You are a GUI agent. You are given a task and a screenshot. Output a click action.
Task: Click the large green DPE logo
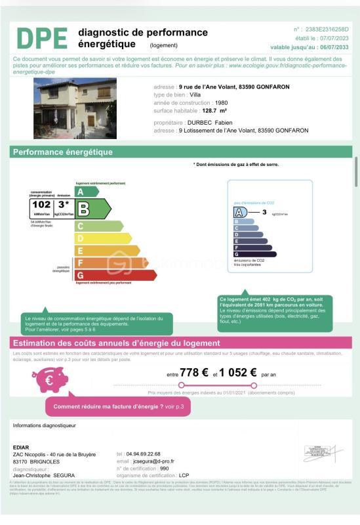41,38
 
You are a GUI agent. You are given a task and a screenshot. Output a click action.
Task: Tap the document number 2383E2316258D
328,30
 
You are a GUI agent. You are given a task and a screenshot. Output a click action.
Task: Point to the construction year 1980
222,103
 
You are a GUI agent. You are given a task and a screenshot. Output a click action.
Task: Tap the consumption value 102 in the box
41,205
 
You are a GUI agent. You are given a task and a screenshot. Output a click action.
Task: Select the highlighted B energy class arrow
92,209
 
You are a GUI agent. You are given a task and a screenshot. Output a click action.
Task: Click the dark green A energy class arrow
86,192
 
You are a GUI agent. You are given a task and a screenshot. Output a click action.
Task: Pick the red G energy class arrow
111,274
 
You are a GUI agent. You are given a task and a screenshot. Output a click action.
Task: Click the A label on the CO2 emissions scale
240,213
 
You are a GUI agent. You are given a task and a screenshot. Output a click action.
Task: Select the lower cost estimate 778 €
193,372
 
